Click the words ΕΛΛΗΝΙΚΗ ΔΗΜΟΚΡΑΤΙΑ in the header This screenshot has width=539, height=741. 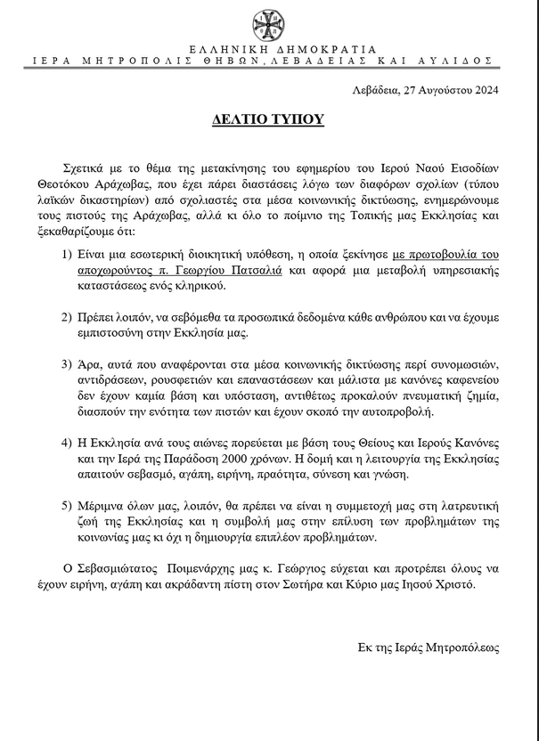pos(269,49)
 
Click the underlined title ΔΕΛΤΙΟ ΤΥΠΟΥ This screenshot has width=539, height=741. pos(269,118)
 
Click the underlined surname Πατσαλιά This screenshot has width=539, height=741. pos(252,269)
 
